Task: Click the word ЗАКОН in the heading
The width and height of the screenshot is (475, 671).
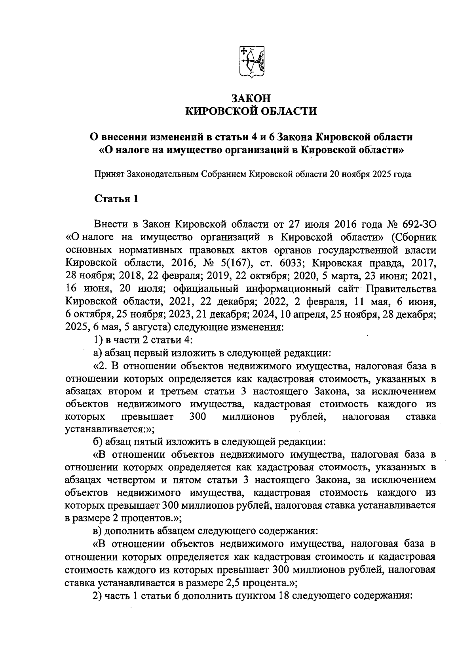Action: tap(251, 98)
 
